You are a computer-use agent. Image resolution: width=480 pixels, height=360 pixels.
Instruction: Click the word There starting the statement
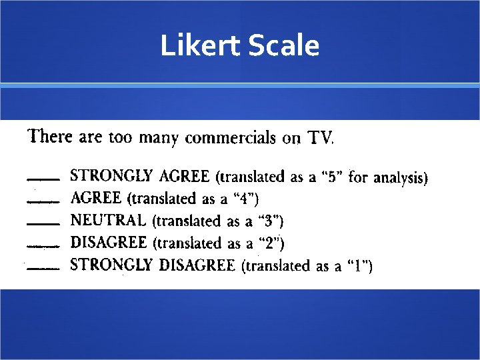pos(50,137)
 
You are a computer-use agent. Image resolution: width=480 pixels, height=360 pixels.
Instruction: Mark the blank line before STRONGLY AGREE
pos(42,179)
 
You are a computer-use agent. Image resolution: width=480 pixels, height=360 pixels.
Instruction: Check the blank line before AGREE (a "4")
pos(42,201)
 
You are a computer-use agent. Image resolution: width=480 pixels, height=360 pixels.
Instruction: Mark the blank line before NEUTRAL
pos(42,223)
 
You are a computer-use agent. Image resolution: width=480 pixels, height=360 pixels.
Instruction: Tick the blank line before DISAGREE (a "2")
pos(42,245)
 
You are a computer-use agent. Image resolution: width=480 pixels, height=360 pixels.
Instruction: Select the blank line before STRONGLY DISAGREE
pos(42,268)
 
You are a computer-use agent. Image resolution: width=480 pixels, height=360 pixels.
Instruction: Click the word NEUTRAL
pos(108,219)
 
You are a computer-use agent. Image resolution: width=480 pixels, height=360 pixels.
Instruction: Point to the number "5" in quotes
pos(331,177)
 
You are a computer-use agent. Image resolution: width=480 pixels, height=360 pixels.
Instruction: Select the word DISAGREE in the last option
pos(197,265)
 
